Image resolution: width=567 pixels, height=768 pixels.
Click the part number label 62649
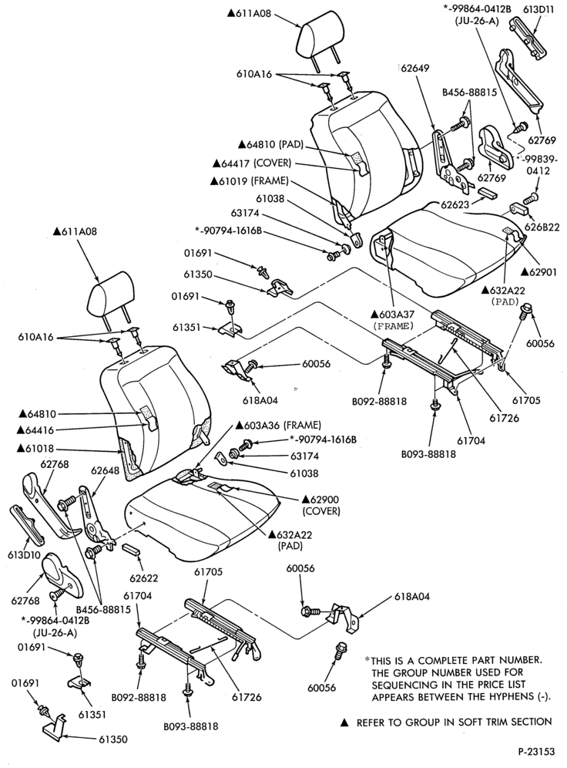tap(415, 68)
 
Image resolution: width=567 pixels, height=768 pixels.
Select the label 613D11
tap(538, 9)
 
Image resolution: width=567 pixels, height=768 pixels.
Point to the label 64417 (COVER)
tap(252, 163)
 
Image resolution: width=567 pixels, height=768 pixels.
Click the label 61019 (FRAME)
tap(249, 180)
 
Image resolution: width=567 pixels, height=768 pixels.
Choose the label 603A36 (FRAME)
tap(278, 425)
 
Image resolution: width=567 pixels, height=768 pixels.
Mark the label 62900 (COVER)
tap(321, 506)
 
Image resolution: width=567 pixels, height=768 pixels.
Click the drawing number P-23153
tap(536, 751)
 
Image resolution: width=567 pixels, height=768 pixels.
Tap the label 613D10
tap(23, 555)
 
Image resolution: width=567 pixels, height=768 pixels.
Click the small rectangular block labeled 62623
tap(487, 191)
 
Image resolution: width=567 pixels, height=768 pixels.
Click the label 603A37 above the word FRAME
tap(391, 314)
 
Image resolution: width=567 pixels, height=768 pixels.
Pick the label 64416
tap(37, 430)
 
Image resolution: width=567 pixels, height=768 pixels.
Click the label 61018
tap(37, 448)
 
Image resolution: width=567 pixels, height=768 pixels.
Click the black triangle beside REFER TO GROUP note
tap(344, 723)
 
